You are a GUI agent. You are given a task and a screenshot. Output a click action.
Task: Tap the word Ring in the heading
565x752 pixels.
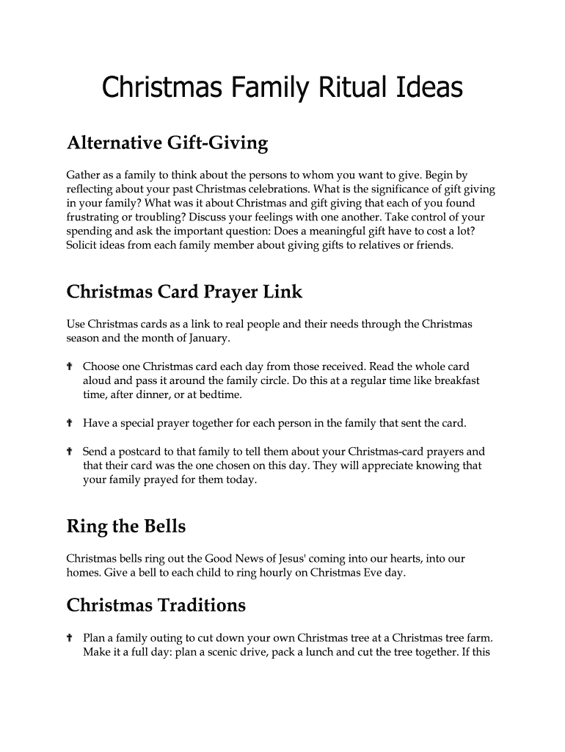coord(87,527)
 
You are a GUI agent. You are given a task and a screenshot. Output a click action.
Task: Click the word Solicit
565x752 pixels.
coord(84,245)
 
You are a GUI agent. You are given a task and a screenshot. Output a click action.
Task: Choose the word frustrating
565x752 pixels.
coord(96,217)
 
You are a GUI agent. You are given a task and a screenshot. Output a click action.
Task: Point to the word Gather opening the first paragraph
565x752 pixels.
coord(84,175)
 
